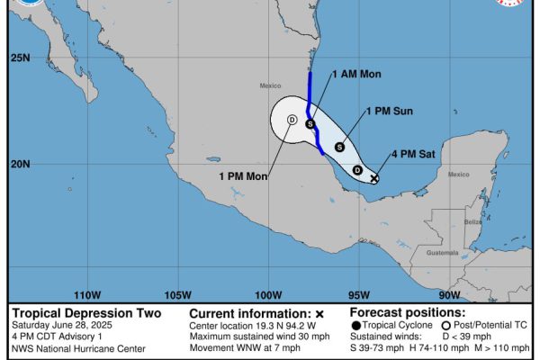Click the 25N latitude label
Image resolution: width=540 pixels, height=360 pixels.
20,58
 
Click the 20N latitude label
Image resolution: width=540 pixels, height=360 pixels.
20,164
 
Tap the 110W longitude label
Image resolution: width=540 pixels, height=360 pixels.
86,294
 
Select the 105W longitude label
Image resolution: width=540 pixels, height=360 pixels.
178,294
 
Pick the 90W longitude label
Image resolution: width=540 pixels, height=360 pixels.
449,294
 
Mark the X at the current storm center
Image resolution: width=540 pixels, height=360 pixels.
374,178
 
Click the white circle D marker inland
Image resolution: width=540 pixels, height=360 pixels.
292,120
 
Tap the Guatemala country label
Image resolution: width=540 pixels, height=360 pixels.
442,253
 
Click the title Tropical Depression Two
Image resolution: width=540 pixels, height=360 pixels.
86,313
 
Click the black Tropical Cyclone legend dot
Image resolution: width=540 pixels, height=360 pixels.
356,326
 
